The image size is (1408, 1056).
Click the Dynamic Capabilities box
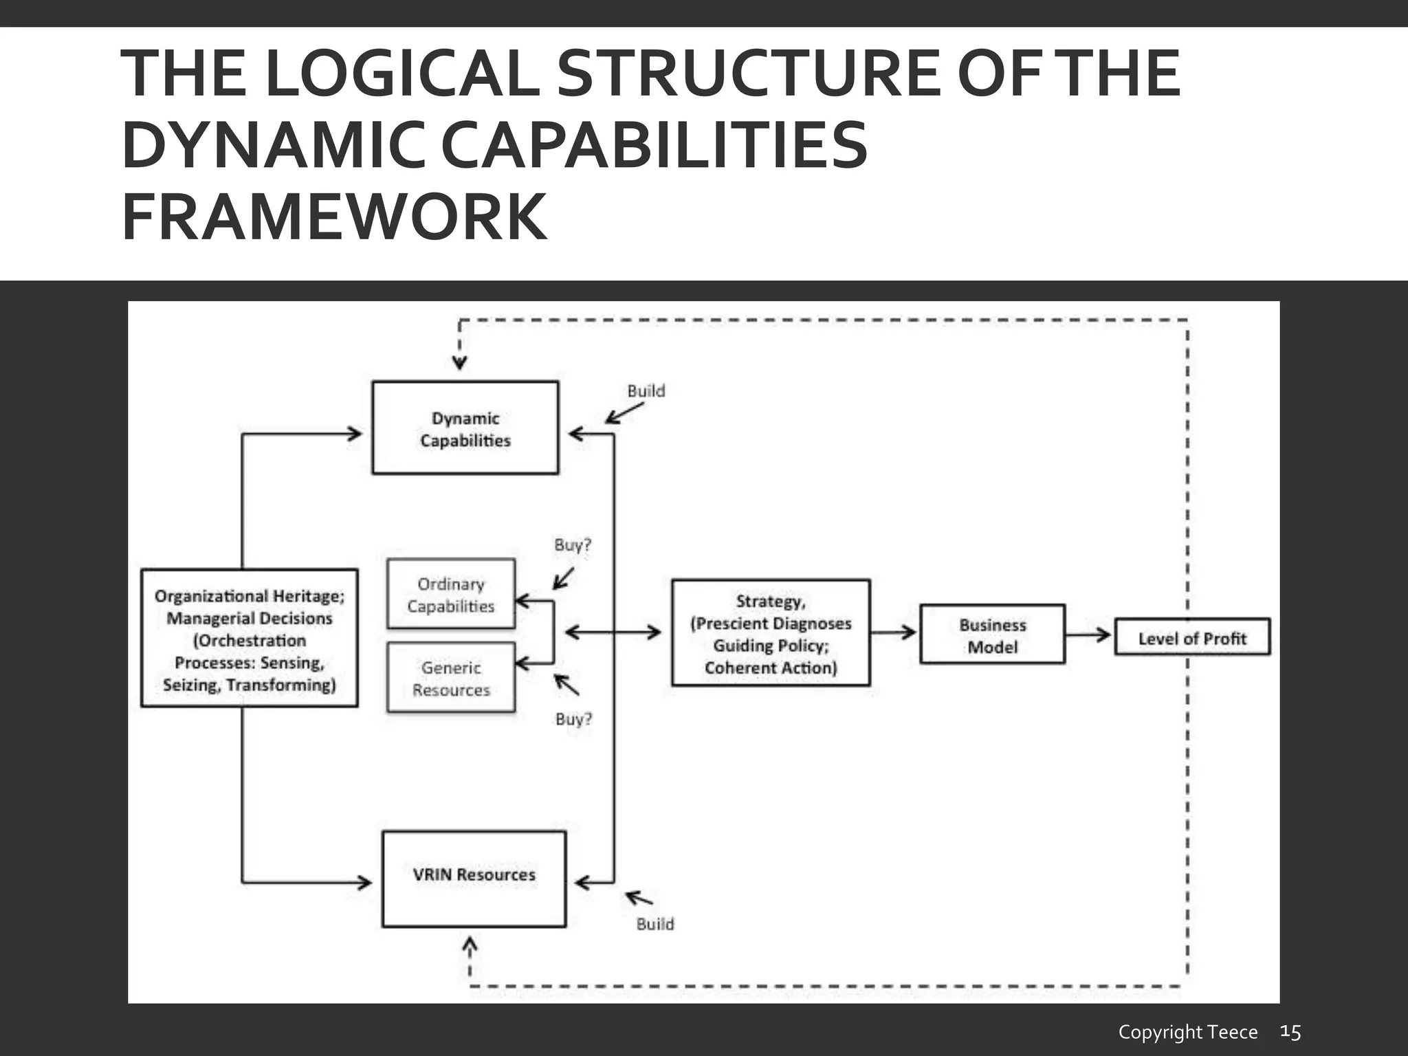pyautogui.click(x=465, y=428)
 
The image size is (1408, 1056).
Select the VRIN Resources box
pyautogui.click(x=474, y=879)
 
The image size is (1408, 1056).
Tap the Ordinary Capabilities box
pyautogui.click(x=450, y=594)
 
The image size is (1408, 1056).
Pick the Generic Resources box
pyautogui.click(x=450, y=678)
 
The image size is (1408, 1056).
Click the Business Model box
pyautogui.click(x=992, y=635)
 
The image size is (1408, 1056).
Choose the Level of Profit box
pyautogui.click(x=1191, y=637)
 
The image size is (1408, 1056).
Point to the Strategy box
pyautogui.click(x=770, y=633)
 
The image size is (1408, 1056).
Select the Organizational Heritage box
pyautogui.click(x=249, y=638)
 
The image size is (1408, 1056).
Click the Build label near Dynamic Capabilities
pyautogui.click(x=646, y=391)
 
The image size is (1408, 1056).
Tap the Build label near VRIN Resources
pyautogui.click(x=654, y=924)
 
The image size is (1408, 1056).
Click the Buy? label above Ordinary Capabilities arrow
pyautogui.click(x=573, y=545)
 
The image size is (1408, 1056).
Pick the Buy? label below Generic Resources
pyautogui.click(x=573, y=719)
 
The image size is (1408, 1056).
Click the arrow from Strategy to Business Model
pyautogui.click(x=894, y=632)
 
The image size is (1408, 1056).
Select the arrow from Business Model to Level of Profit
pyautogui.click(x=1089, y=635)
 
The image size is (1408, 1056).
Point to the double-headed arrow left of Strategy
pyautogui.click(x=613, y=632)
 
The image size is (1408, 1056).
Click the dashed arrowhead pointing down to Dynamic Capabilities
pyautogui.click(x=459, y=361)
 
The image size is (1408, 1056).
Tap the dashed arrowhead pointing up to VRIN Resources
pyautogui.click(x=470, y=947)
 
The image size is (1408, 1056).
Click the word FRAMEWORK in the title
pyautogui.click(x=334, y=217)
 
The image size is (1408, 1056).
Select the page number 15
pyautogui.click(x=1290, y=1031)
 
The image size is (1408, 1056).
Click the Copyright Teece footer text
pyautogui.click(x=1187, y=1032)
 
